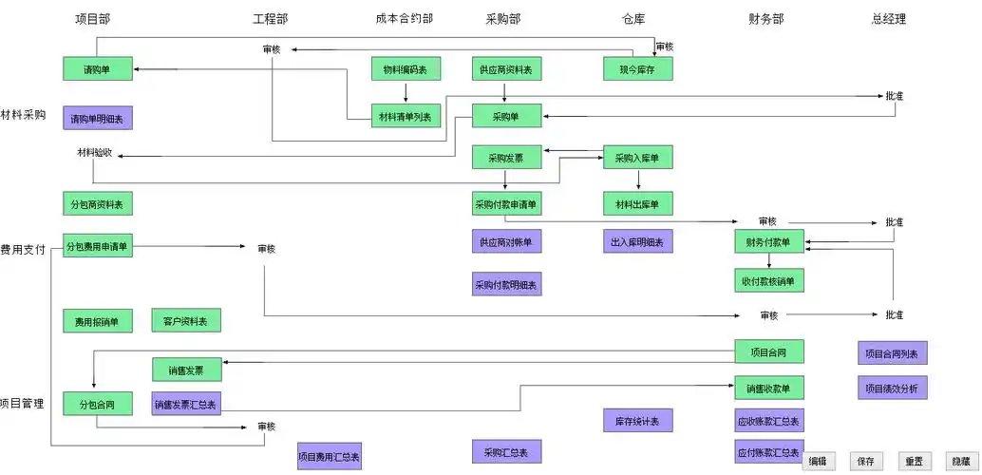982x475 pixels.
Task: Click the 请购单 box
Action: pos(98,68)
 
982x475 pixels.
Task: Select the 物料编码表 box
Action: pos(406,68)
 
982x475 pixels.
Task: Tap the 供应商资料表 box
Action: pos(507,68)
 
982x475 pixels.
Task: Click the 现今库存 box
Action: pos(638,68)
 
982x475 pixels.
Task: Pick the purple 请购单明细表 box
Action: pos(98,118)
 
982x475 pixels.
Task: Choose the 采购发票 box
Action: pos(507,157)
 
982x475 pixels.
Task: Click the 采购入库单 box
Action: pos(638,157)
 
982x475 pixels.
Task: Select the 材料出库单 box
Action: pos(638,202)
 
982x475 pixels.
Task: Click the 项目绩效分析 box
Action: pos(893,388)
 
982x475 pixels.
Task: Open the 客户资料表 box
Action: pos(186,320)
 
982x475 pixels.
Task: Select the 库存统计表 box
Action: pos(638,420)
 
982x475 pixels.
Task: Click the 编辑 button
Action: pos(819,461)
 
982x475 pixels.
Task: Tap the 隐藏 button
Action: pos(961,461)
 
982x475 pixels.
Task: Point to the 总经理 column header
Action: pos(888,19)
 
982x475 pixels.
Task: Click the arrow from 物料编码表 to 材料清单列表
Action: pos(406,92)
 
